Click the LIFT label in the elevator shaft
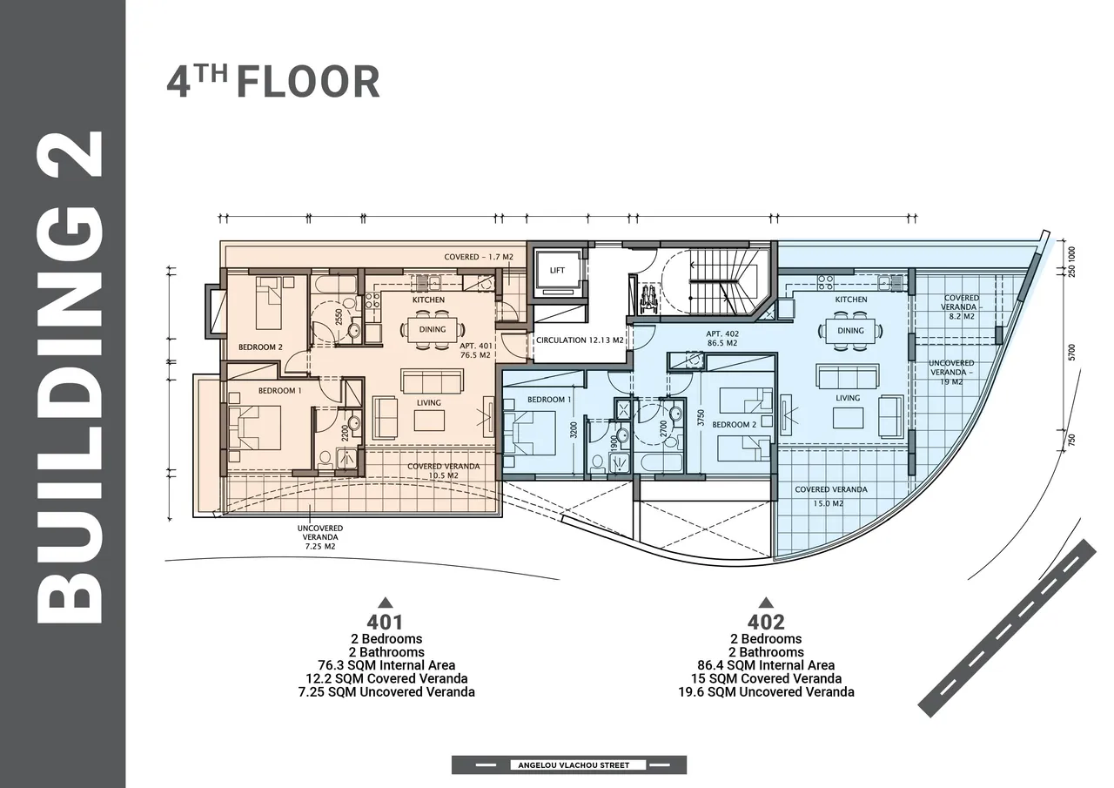click(557, 270)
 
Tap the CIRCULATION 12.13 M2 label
click(580, 340)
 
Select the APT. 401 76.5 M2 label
click(475, 350)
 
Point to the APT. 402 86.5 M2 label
click(722, 339)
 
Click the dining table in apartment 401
click(433, 329)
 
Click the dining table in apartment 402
click(850, 330)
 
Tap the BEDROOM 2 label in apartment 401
click(260, 347)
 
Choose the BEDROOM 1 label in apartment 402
click(549, 400)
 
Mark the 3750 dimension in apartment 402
click(701, 418)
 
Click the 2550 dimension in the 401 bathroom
click(339, 317)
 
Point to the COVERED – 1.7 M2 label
click(478, 257)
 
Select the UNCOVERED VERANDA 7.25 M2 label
click(320, 537)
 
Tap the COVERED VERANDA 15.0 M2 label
click(830, 496)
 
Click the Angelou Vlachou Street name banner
click(574, 765)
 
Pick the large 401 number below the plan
click(385, 622)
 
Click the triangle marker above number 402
click(766, 603)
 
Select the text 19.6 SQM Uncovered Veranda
click(766, 692)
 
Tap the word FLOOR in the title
click(308, 82)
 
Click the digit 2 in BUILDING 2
click(70, 154)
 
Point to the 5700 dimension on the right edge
click(1071, 353)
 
